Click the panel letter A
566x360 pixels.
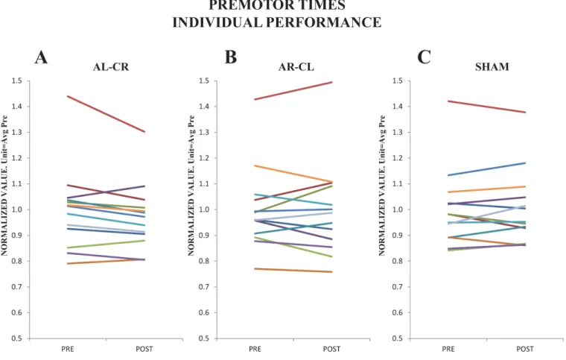[x=41, y=57]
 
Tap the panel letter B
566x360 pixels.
[x=231, y=57]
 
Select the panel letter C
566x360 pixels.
[x=424, y=57]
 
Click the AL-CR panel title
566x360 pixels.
[x=111, y=67]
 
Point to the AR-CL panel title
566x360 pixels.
[x=296, y=67]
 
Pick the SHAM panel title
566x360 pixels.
[x=492, y=67]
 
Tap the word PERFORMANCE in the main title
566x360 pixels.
[x=324, y=22]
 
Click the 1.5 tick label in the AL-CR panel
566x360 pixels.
[x=17, y=81]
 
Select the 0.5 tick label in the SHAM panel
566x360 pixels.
[x=398, y=338]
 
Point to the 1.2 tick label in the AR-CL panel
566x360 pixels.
[x=203, y=158]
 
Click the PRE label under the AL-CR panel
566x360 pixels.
[x=68, y=349]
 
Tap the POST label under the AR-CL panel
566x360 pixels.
[x=331, y=349]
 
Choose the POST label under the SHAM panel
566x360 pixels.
[x=525, y=349]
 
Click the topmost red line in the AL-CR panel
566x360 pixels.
[x=106, y=114]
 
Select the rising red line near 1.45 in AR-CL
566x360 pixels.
[x=293, y=91]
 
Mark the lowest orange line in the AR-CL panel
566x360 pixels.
[x=293, y=271]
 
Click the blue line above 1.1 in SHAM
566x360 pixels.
[x=486, y=169]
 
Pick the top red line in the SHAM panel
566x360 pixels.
[x=486, y=107]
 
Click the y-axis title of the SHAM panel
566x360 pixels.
[x=382, y=186]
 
